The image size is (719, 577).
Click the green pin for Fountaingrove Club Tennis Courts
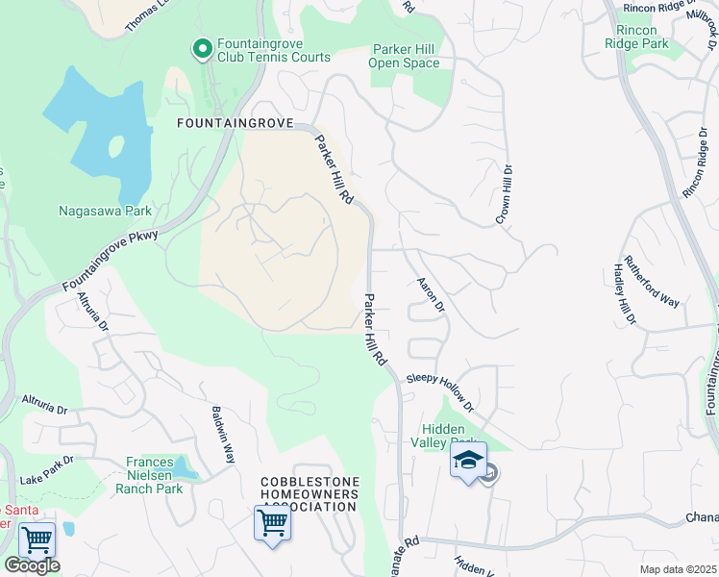tap(202, 48)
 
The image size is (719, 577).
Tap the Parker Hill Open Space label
tap(404, 56)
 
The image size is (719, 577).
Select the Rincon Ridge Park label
tap(636, 37)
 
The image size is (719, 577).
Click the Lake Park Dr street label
tap(46, 468)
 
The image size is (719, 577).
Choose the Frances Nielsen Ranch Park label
tap(149, 475)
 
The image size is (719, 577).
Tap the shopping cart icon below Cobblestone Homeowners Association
tap(273, 524)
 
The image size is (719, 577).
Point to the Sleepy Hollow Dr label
tap(440, 392)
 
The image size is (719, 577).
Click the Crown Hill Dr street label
tap(504, 193)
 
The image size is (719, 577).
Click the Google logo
tap(31, 565)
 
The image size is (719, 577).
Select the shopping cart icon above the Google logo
tap(37, 539)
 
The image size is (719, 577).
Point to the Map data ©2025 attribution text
tap(679, 569)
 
